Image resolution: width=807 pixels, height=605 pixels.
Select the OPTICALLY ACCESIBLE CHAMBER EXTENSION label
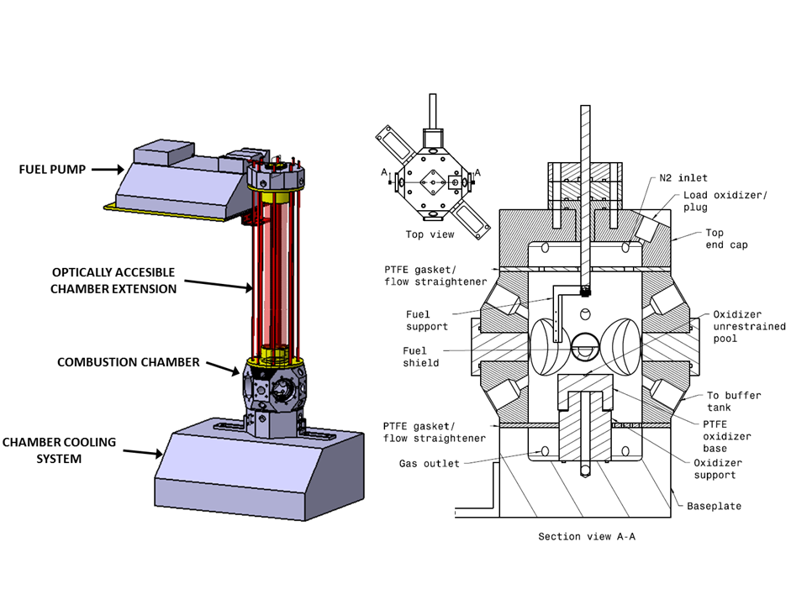(x=114, y=281)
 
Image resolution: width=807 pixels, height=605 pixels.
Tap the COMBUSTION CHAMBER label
(x=129, y=362)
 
